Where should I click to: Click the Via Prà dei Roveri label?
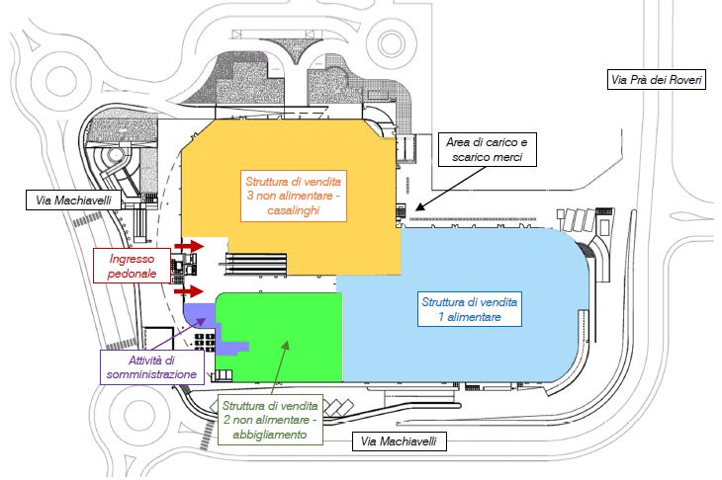click(x=657, y=80)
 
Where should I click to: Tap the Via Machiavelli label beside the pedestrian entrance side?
click(x=74, y=200)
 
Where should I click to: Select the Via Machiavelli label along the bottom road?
click(x=399, y=441)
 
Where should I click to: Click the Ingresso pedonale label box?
click(x=133, y=266)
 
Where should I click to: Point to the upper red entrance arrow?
click(x=189, y=246)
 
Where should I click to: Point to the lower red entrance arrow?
click(x=189, y=291)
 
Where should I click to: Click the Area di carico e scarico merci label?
click(x=488, y=149)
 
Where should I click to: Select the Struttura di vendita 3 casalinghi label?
click(x=294, y=196)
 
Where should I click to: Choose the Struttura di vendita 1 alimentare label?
click(x=469, y=309)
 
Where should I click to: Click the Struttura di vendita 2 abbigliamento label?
click(x=270, y=420)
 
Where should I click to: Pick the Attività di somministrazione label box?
click(x=152, y=367)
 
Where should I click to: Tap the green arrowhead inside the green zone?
click(x=286, y=345)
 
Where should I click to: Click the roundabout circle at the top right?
click(x=392, y=42)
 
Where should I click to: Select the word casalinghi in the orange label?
click(x=294, y=210)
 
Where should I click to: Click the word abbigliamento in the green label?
click(x=270, y=435)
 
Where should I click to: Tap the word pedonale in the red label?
click(x=133, y=274)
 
